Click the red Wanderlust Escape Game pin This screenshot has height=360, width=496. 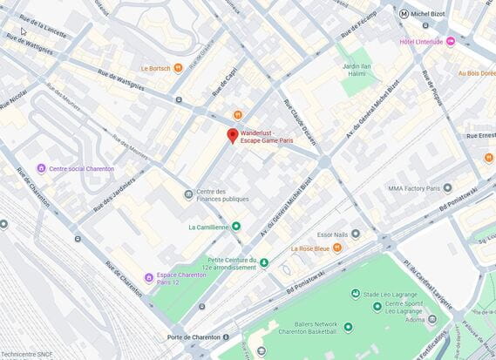232,135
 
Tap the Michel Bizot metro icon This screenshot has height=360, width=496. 404,14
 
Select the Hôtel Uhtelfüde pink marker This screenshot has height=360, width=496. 451,41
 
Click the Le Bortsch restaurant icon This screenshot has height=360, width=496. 178,67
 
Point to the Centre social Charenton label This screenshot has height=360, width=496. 81,168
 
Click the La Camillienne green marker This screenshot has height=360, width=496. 235,227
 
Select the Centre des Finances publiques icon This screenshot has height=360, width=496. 188,194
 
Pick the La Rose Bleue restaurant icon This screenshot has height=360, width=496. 337,248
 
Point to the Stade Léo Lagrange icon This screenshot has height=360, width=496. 355,294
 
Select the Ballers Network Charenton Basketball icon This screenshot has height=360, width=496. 348,327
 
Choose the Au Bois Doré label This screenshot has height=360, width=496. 476,73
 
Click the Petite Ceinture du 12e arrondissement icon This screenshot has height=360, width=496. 264,262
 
